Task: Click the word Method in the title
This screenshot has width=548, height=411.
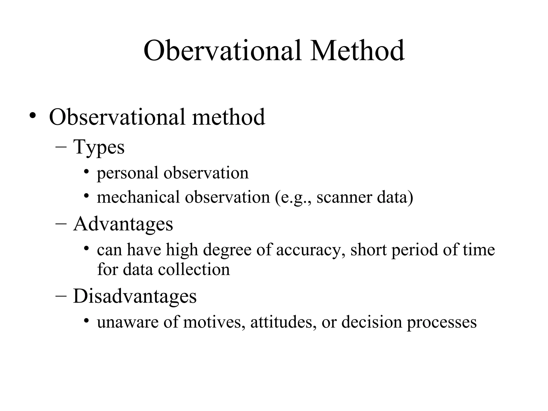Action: [357, 51]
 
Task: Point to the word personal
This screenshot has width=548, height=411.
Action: [127, 173]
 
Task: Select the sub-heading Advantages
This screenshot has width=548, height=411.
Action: [123, 224]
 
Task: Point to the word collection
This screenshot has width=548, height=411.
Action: [194, 269]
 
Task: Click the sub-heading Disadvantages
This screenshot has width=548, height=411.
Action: [135, 296]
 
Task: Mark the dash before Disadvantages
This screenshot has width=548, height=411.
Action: [61, 297]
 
